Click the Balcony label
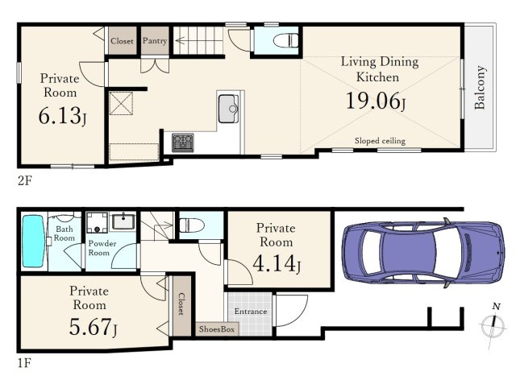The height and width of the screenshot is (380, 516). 481,87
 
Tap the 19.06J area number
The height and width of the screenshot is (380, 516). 376,101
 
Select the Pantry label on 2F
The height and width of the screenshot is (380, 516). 155,41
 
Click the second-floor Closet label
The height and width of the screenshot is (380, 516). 122,41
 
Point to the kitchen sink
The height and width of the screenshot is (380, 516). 228,109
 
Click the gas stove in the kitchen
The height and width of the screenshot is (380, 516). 183,142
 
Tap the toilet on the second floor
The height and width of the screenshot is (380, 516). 285,40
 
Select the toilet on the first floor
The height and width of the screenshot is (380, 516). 192,226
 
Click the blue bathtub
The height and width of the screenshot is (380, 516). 33,241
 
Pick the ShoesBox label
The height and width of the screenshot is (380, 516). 217,329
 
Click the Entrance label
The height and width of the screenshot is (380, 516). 251,312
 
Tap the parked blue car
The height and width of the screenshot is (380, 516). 422,253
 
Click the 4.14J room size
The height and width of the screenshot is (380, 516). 277,263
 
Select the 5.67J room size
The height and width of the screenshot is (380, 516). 93,326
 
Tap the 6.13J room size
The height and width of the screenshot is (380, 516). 62,116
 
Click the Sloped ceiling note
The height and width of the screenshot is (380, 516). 380,141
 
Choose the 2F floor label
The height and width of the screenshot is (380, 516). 25,180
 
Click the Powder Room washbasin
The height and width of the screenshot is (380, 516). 123,221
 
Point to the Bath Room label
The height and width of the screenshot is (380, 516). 64,233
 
